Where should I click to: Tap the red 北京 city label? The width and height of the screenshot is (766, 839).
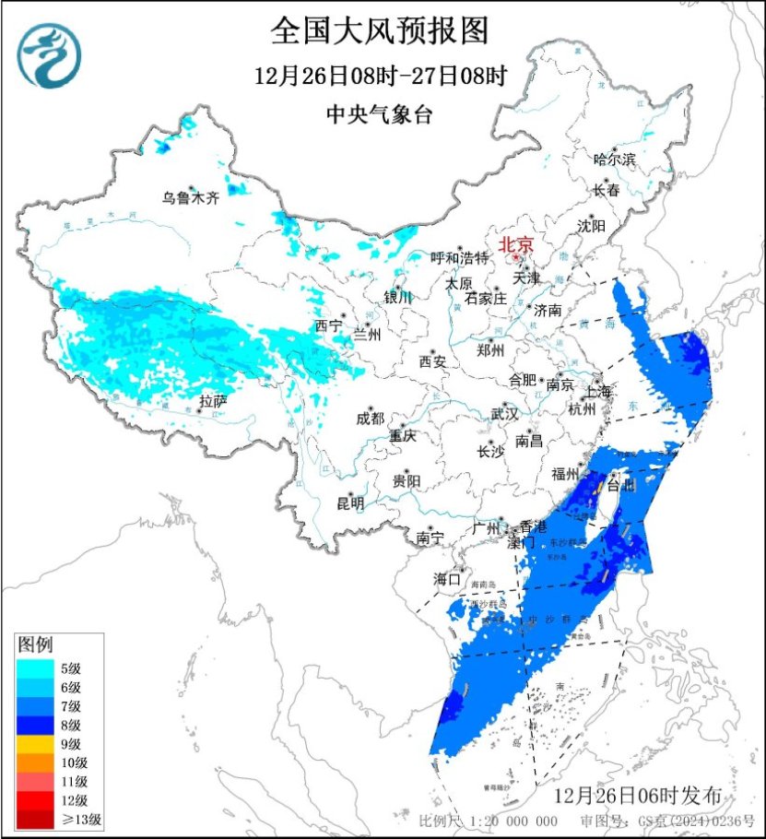pos(516,245)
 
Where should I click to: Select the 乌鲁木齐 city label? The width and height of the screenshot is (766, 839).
pos(192,197)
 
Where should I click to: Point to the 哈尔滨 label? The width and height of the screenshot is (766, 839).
pos(615,160)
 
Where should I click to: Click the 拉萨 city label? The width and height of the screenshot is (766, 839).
pos(213,400)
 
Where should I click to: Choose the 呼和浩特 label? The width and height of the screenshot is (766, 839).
pos(460,257)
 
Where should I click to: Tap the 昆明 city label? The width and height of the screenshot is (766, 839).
pos(350,503)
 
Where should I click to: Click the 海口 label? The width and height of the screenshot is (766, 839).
pos(446,579)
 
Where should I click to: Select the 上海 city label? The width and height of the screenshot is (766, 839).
pos(597,392)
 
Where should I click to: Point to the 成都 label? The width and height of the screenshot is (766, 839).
pos(369,419)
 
